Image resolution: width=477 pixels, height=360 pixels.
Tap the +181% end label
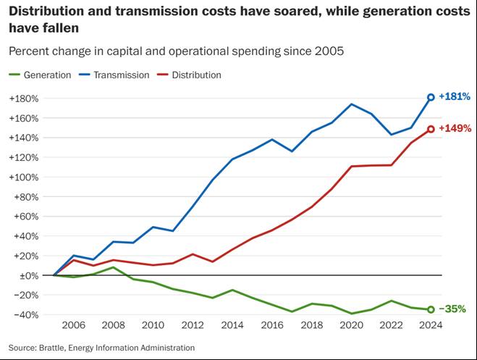455,96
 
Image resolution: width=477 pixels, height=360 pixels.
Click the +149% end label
455,128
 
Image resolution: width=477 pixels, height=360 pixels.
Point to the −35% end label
452,309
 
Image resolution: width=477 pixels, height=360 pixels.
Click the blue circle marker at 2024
431,97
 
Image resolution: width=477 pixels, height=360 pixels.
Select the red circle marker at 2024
431,129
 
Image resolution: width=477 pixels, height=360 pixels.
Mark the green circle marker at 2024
431,309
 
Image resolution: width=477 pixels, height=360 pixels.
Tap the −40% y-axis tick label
26,315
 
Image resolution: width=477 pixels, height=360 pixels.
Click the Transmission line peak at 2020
352,104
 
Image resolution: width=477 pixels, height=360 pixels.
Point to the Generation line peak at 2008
114,267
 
